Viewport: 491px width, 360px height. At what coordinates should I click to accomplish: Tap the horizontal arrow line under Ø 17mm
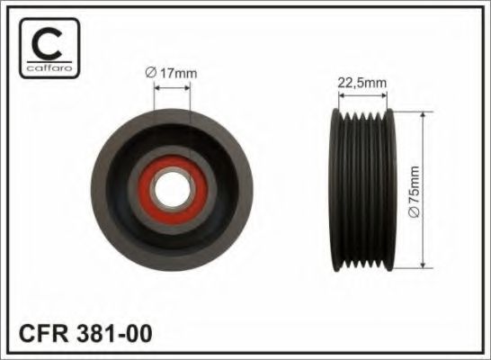click(172, 86)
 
